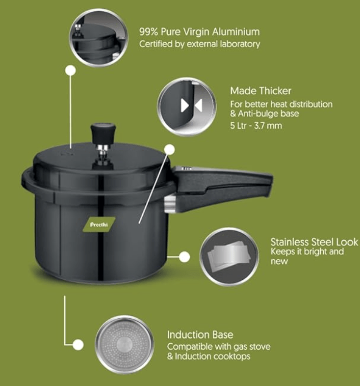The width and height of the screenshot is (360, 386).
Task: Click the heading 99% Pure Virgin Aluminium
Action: click(199, 32)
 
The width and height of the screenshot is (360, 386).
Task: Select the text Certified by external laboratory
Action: click(199, 44)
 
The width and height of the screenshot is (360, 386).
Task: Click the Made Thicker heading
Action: click(260, 91)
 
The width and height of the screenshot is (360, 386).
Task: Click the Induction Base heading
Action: click(200, 335)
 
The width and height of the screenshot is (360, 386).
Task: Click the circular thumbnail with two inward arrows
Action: click(186, 106)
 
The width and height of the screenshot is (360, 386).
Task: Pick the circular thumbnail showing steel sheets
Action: click(230, 256)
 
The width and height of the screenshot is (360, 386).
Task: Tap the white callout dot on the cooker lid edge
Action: click(170, 149)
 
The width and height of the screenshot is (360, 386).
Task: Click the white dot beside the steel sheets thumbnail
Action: click(184, 256)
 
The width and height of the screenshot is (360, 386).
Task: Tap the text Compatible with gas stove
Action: click(219, 347)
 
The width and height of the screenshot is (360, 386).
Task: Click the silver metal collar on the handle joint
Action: click(169, 203)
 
